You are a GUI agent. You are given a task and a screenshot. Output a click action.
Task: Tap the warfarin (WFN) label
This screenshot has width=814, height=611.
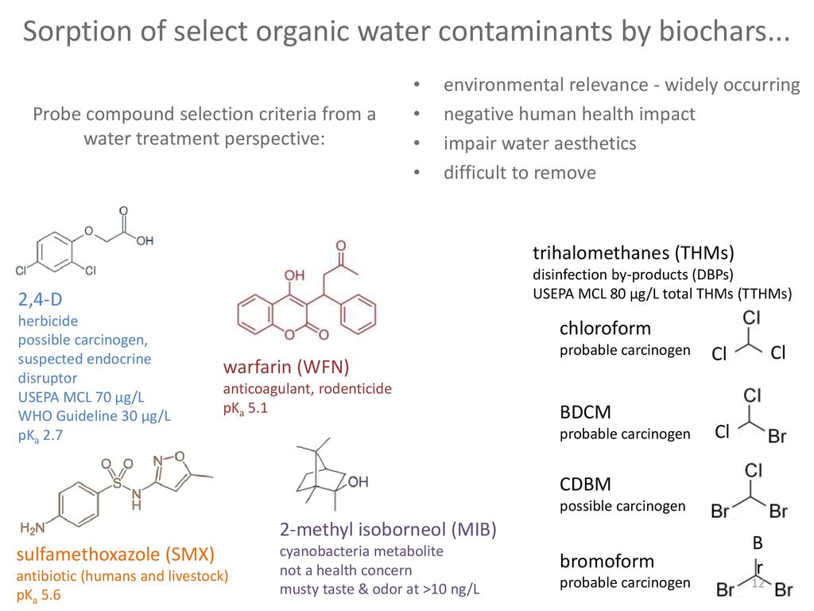(x=286, y=367)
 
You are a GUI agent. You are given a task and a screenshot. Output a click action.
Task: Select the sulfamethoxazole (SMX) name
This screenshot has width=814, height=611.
(x=116, y=554)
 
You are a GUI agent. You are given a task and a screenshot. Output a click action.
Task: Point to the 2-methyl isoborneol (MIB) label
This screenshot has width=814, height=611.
(x=393, y=530)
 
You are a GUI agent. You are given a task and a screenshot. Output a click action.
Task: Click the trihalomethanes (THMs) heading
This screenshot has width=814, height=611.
(x=633, y=254)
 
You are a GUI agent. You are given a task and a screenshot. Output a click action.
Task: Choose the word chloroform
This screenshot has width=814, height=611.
(x=605, y=328)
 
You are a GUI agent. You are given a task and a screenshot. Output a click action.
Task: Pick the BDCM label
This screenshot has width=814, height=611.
(x=585, y=412)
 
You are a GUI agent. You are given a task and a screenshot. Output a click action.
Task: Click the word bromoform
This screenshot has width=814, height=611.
(x=607, y=560)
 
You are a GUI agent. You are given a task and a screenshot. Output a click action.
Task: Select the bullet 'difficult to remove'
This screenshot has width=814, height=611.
(x=519, y=173)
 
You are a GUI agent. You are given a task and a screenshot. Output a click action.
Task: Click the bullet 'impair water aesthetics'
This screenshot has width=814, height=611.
(x=540, y=143)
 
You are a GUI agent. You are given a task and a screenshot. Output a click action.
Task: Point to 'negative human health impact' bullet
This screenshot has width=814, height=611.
(x=569, y=114)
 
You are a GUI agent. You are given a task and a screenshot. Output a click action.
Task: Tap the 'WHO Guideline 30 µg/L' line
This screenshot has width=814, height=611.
(x=95, y=415)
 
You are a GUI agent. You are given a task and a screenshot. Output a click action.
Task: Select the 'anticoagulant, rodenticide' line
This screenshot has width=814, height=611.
(x=307, y=389)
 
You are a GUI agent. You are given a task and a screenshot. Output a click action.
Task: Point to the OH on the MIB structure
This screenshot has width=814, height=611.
(x=359, y=481)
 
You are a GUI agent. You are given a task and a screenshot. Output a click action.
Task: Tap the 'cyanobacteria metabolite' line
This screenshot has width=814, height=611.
(x=361, y=551)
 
